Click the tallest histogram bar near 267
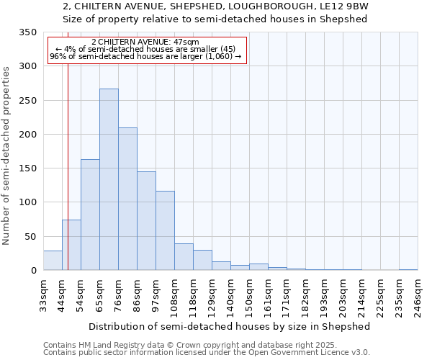(x=109, y=180)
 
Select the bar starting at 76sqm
(x=127, y=199)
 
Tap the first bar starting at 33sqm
(x=53, y=261)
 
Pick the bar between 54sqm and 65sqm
(x=90, y=215)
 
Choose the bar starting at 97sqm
(x=165, y=231)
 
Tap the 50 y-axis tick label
(x=30, y=236)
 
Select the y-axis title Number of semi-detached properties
(x=7, y=156)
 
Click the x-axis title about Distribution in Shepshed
(x=230, y=326)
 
